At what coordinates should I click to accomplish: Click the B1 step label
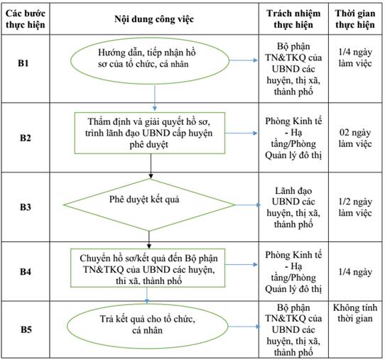coord(23,63)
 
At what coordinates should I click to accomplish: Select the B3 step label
coord(26,207)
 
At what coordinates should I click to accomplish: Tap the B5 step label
coord(26,329)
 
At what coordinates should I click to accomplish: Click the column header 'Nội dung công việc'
coord(154,19)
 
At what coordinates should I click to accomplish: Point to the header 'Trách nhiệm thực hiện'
coord(293,19)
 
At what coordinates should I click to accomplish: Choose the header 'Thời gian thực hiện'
coord(355,19)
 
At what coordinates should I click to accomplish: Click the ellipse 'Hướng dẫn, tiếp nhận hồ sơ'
coord(150,60)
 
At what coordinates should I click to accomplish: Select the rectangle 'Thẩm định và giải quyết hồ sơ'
coord(150,133)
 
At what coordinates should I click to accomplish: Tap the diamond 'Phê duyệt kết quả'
coord(149,205)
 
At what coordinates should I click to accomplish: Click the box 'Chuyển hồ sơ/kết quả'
coord(148,268)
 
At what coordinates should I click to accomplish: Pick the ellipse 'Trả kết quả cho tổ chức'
coord(148,326)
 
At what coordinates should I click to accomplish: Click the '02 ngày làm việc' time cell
coord(355,138)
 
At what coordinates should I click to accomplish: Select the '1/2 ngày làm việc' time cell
coord(355,207)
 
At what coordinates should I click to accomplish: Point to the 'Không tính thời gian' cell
coord(355,313)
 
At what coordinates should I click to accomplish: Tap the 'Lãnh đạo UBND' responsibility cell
coord(293,207)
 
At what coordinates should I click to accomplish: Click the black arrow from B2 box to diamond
coord(151,166)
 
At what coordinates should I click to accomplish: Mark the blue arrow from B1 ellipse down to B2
coord(155,98)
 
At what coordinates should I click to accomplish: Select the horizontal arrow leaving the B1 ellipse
coord(244,60)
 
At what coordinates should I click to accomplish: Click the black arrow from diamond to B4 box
coord(149,240)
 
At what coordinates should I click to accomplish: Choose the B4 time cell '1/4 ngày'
coord(355,272)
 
